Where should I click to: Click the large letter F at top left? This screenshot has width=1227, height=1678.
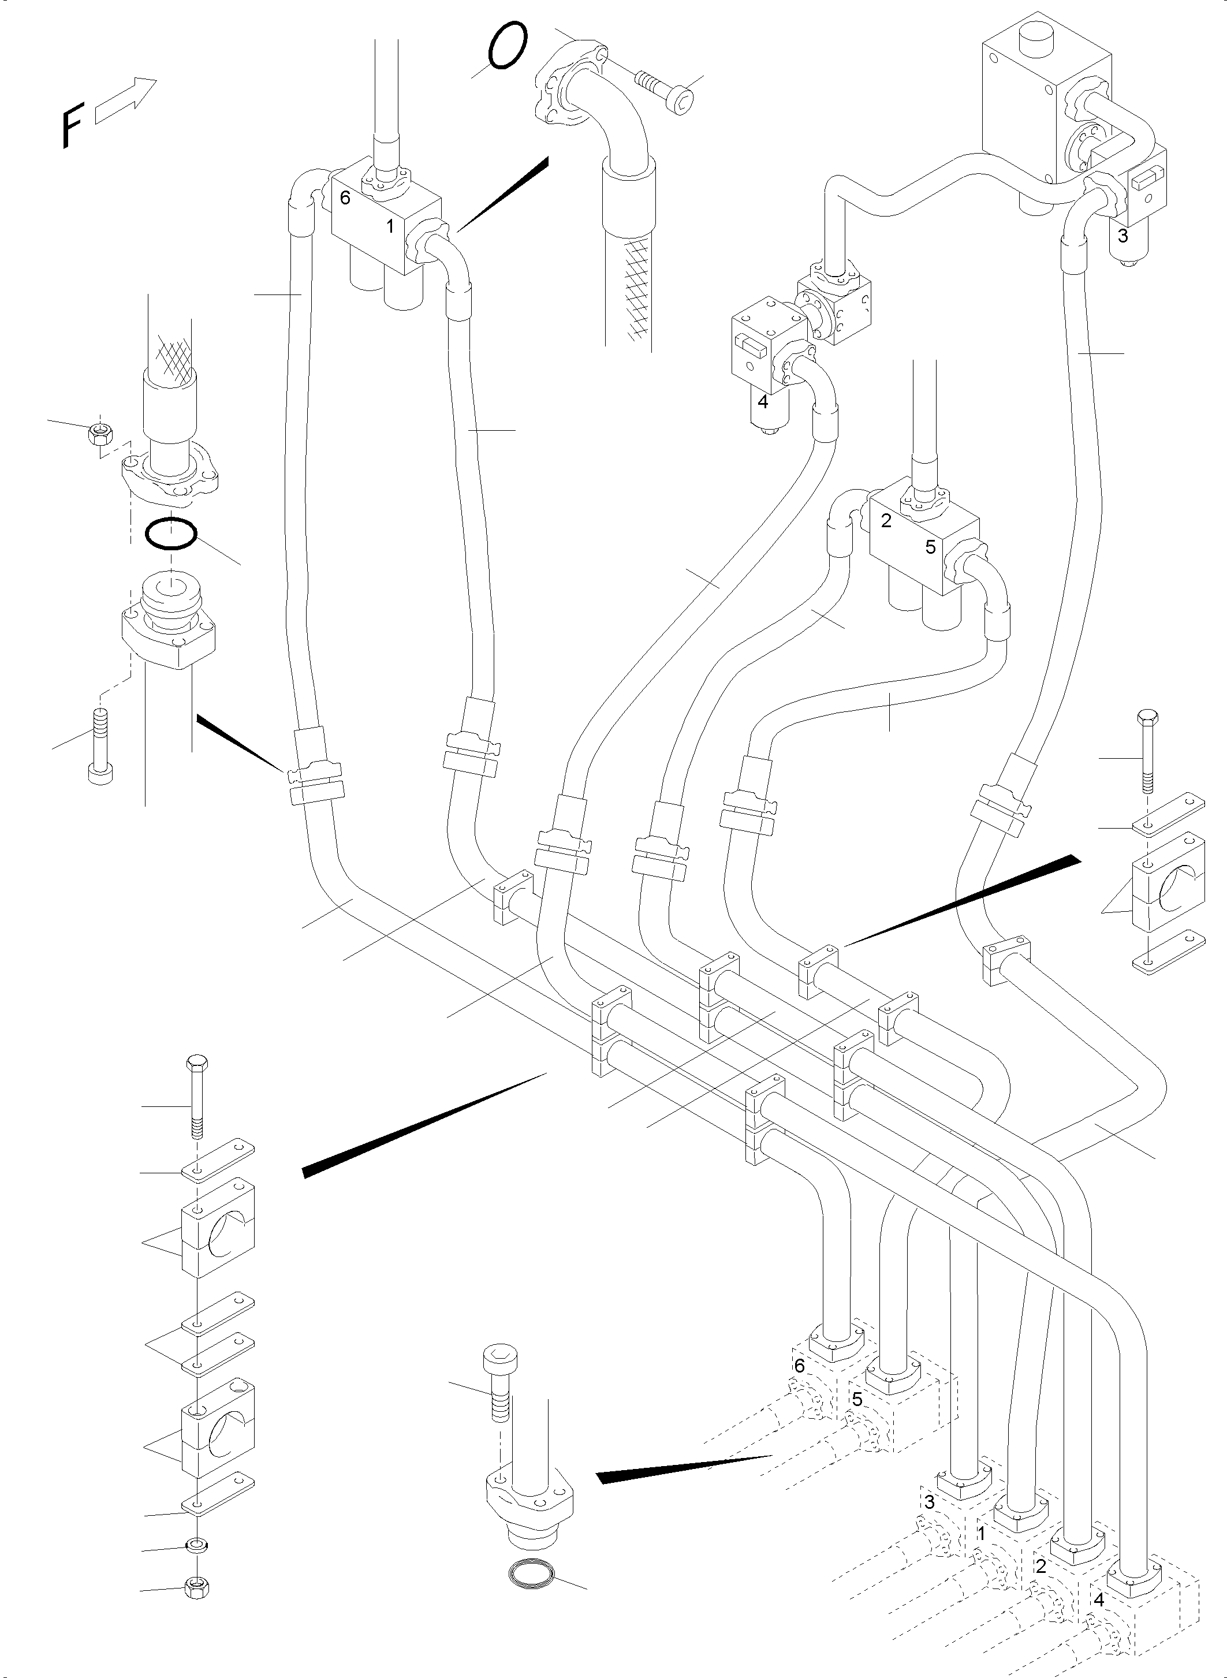[x=72, y=126]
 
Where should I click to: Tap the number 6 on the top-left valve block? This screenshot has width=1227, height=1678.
[x=345, y=198]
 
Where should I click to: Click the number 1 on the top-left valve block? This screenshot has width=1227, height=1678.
[x=390, y=226]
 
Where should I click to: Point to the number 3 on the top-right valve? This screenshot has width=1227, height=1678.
[x=1122, y=236]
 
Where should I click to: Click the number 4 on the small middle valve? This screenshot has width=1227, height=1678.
[x=762, y=402]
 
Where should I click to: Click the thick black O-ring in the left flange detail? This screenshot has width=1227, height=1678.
[x=171, y=534]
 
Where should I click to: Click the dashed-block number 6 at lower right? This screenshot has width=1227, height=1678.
[x=799, y=1365]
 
